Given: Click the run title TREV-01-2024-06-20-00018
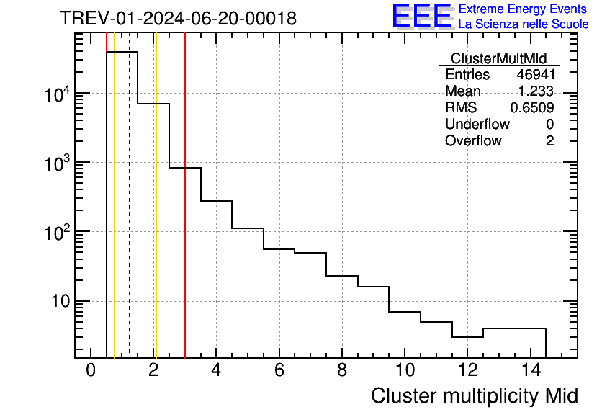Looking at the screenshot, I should pos(178,19).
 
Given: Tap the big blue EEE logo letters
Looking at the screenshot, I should pos(422,16).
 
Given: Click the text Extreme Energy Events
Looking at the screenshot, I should pos(524,9).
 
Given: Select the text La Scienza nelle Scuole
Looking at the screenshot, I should pos(524,24).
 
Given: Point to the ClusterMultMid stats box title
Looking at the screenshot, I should pos(498,58).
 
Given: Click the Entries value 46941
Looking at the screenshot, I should pos(535,75).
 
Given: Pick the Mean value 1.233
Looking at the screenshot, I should pos(536,91).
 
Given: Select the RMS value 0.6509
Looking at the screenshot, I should pos(532,108).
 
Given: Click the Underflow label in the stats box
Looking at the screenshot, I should pos(477,125).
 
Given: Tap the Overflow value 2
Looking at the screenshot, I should pos(549,141).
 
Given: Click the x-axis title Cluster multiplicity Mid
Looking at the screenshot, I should pos(475,395).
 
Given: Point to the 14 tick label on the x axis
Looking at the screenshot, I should pos(530,370).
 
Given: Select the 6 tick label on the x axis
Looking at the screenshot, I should pos(279,370).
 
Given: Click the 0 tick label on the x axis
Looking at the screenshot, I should pos(91,370).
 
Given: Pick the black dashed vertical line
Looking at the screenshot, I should pos(130,216).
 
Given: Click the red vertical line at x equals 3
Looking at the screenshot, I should pos(185,252).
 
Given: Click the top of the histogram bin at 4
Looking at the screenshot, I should pos(216,201).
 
